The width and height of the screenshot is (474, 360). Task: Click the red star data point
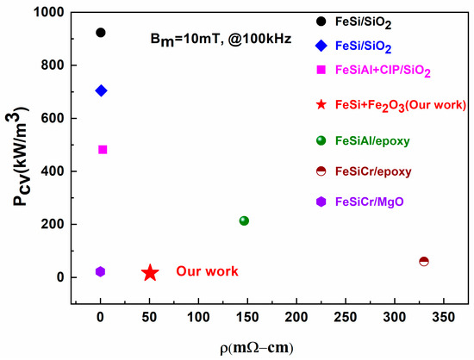149,272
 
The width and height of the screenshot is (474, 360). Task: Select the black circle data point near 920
101,33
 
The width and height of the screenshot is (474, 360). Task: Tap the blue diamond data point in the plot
101,90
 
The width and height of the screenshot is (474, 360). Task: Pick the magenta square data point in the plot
103,149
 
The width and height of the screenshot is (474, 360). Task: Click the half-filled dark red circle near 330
423,261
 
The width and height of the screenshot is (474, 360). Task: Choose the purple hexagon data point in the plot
100,271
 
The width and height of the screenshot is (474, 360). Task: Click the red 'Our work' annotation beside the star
207,271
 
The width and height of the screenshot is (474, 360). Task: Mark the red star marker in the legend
321,105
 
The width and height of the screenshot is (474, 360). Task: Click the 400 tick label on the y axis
54,171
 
